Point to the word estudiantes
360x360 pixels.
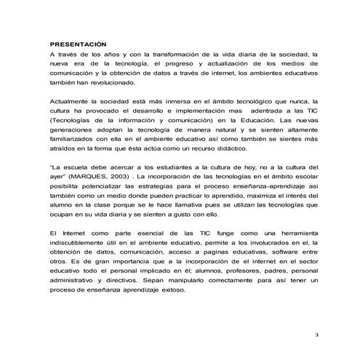[x=161, y=169]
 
